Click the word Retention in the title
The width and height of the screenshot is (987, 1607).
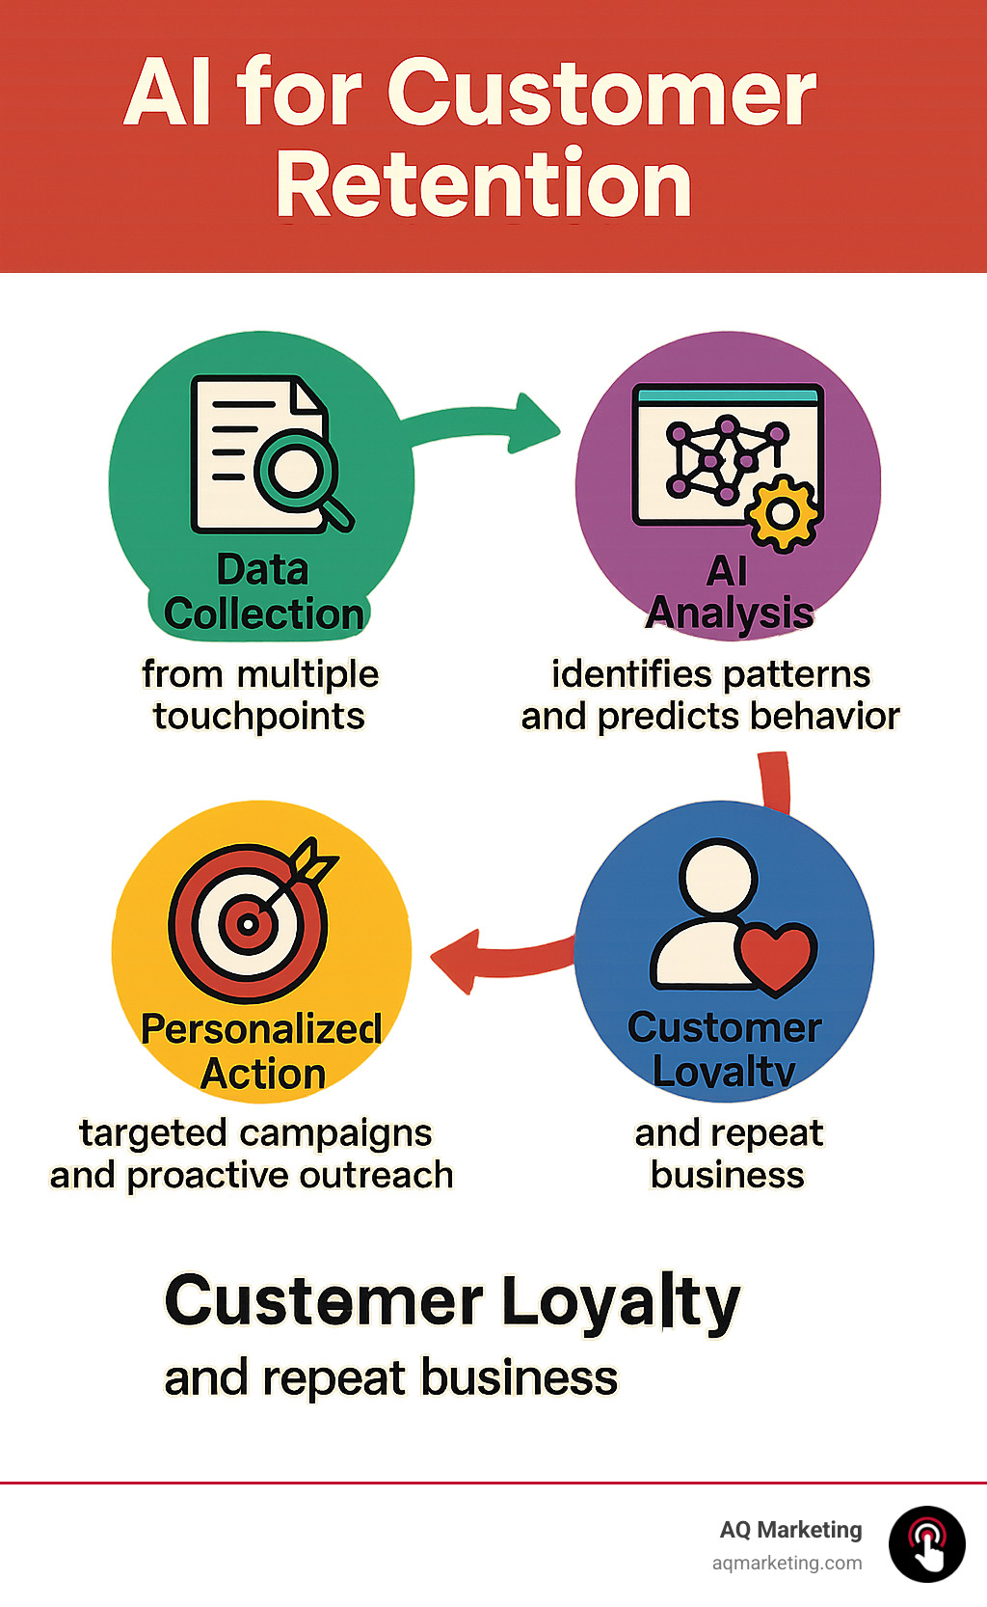coord(484,185)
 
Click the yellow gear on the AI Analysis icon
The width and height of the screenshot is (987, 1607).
coord(783,512)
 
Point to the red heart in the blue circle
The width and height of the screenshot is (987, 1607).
coord(777,956)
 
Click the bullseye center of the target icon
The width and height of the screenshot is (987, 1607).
coord(248,924)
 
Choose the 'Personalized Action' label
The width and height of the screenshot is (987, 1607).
coord(262,1051)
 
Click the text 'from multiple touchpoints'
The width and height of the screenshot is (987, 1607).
coord(259,695)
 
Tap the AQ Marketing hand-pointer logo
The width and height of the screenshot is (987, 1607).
coord(926,1543)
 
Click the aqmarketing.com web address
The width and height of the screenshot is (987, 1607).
coord(787,1563)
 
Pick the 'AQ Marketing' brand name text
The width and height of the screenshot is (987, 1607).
coord(790,1530)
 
